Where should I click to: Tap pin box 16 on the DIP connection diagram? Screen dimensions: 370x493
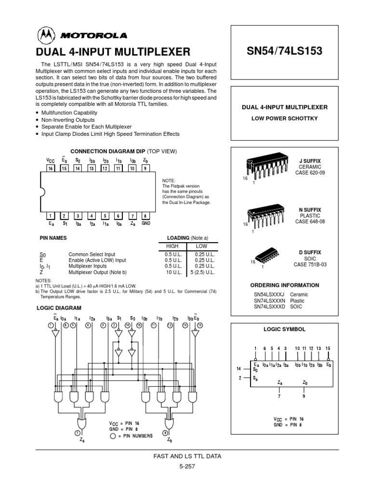50,169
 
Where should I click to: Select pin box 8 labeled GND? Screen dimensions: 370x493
146,216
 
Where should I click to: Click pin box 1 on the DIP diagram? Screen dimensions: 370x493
50,216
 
